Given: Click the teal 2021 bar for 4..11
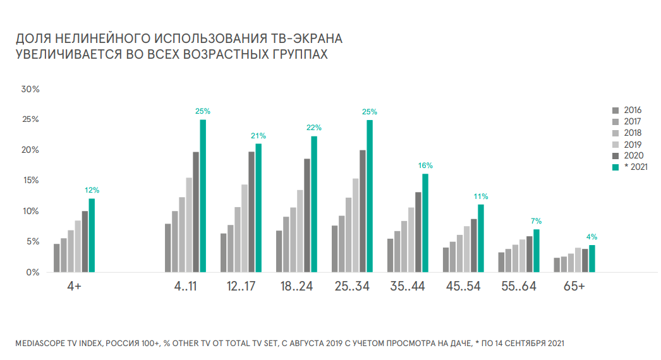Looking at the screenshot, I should [203, 196].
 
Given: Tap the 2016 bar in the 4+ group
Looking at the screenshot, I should [56, 258].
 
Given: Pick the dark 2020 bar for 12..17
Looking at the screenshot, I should [252, 212].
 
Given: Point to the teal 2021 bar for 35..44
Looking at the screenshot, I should [425, 223].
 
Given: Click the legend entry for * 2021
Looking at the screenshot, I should [633, 167].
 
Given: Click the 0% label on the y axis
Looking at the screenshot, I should [33, 272].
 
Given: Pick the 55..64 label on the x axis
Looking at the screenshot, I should [518, 287].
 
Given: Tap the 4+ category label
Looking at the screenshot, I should [74, 287].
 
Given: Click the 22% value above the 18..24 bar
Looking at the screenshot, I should [314, 129].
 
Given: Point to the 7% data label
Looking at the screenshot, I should [537, 221].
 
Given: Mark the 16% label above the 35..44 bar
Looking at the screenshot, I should [425, 165].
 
